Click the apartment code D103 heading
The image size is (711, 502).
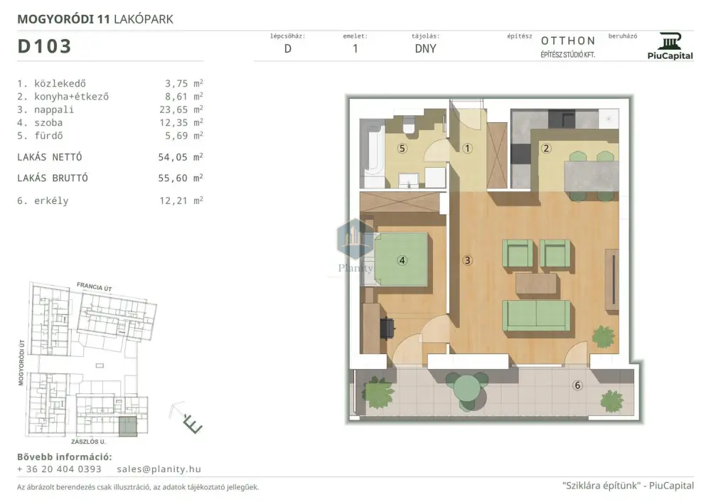[x=44, y=46]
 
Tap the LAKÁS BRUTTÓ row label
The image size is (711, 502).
[x=53, y=178]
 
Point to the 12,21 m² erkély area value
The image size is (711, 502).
[x=181, y=201]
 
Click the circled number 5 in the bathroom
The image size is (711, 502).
[x=402, y=149]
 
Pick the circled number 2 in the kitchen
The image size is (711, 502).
[x=546, y=149]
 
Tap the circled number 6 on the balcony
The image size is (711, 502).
[x=577, y=385]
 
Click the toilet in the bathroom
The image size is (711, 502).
[x=409, y=124]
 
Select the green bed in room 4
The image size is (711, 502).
[x=401, y=260]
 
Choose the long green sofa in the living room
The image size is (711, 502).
[x=536, y=316]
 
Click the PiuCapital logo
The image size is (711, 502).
[x=670, y=46]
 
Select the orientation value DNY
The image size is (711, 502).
[x=425, y=48]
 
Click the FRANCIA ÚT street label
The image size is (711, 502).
[x=95, y=287]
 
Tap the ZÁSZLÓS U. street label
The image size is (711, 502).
[x=88, y=442]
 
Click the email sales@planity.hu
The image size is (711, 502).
[x=159, y=469]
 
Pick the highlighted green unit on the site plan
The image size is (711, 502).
[x=128, y=426]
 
